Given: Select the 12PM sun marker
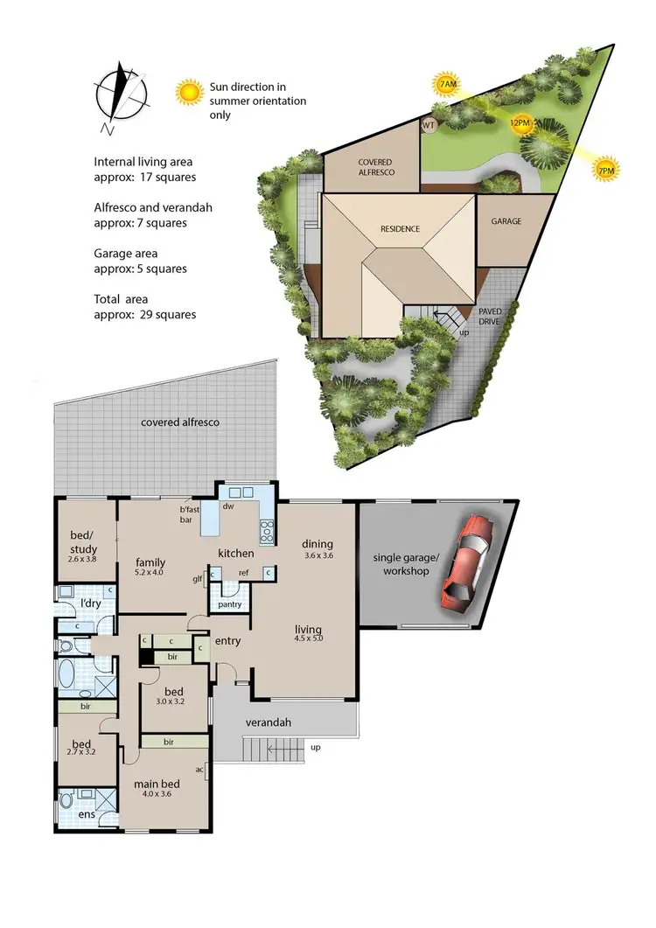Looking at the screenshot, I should [x=520, y=123].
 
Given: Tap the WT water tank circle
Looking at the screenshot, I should [x=429, y=125].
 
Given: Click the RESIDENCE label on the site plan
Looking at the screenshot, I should [x=400, y=229].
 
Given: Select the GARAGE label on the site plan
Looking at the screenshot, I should [x=506, y=221].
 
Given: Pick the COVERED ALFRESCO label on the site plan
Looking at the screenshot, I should [x=376, y=168].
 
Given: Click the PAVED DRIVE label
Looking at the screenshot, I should [x=489, y=316].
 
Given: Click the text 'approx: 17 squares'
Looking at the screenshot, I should [x=144, y=177].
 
